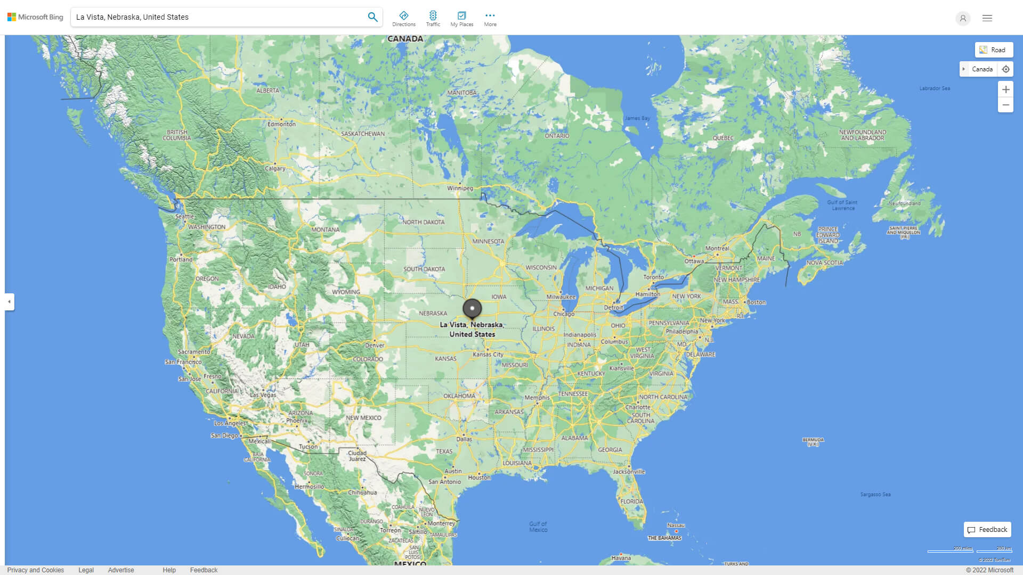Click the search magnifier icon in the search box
pos(372,17)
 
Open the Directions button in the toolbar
pos(404,18)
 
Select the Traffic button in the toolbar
pos(433,18)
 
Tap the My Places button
pos(461,18)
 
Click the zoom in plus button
pos(1005,89)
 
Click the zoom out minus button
pos(1005,105)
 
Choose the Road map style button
pos(994,50)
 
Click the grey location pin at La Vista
pos(472,308)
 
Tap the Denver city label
pos(375,345)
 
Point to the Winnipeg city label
pos(460,188)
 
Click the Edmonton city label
pos(281,124)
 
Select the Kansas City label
pos(488,354)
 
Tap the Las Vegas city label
pos(263,395)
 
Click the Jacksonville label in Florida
pos(629,472)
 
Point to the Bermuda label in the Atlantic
pos(813,441)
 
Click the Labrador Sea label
pos(935,88)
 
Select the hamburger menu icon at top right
pos(987,18)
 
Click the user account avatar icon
pos(963,18)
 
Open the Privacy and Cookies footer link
pos(36,570)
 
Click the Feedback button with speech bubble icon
pos(987,530)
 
